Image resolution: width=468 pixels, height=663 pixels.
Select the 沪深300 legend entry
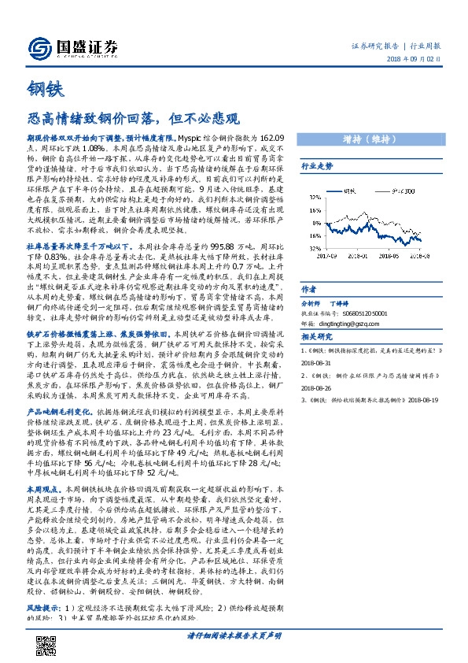pos(400,190)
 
